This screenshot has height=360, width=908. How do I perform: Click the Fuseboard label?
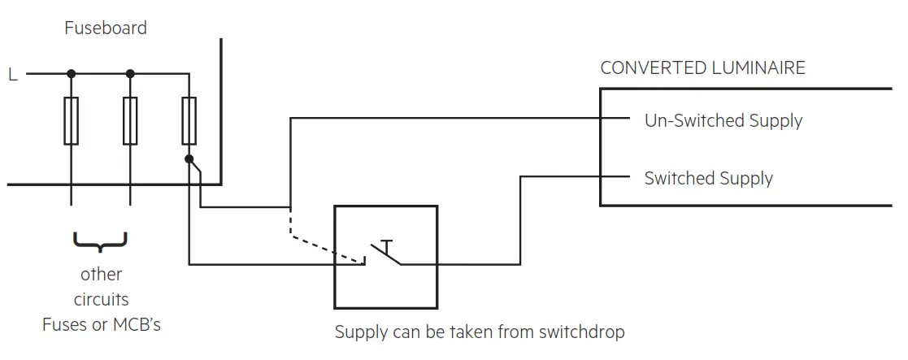[x=106, y=28]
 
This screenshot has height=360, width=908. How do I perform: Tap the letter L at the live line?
[x=12, y=75]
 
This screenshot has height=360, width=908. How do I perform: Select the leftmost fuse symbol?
[x=72, y=121]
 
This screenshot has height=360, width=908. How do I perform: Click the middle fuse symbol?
[x=130, y=121]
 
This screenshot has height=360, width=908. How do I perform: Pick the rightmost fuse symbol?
[x=189, y=121]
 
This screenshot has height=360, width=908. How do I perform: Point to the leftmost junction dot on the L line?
[x=72, y=74]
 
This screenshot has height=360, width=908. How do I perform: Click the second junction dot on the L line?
[x=130, y=74]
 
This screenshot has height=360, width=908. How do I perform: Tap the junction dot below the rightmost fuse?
[x=189, y=159]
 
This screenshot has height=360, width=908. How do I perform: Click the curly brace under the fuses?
[x=100, y=241]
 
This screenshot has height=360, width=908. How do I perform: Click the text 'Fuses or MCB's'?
[x=102, y=325]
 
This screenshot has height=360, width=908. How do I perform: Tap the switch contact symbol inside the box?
[x=384, y=253]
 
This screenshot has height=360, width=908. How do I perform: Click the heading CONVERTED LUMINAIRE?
[x=702, y=67]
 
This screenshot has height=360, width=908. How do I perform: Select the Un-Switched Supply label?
[x=723, y=121]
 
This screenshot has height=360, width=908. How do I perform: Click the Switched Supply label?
[x=708, y=179]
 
